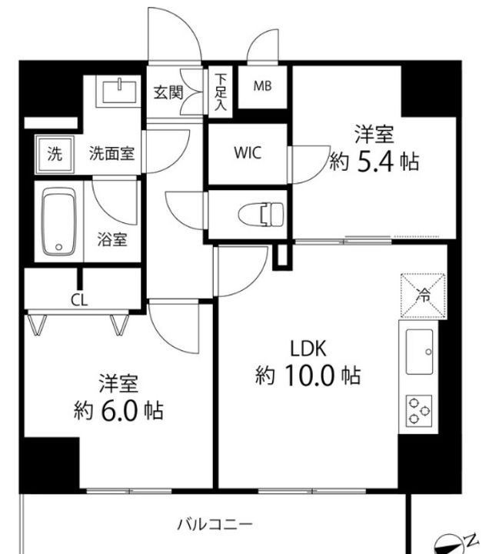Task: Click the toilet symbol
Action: coord(261,215)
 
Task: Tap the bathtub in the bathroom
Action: coord(58,222)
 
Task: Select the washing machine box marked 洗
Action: coord(55,155)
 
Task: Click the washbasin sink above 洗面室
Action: coord(120,92)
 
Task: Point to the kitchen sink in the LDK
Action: coord(420,352)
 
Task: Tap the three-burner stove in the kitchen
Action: coord(419,410)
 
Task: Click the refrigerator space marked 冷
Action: coord(423,295)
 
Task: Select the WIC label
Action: coord(248,152)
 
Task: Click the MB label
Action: coord(263,86)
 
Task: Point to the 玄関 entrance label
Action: coord(168,92)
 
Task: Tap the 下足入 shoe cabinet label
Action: coord(221,92)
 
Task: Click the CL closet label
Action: coord(79,300)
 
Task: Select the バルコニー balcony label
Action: coord(215,524)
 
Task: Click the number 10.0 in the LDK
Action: coord(308,375)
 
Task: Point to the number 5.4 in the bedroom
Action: coord(375,162)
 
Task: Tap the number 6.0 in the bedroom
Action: coord(119,411)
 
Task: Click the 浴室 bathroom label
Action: coord(112,239)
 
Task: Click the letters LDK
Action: coord(308,349)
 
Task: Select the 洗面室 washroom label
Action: coord(111,153)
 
